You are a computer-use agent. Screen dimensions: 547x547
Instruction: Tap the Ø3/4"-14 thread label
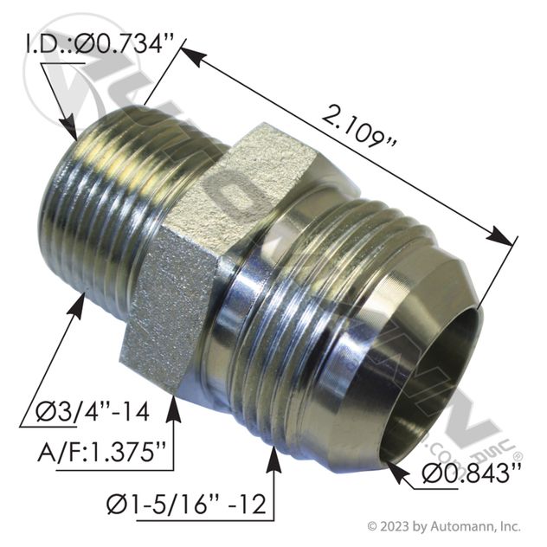coord(93,412)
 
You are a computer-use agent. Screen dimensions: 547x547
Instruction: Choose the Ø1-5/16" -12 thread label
coord(187,505)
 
